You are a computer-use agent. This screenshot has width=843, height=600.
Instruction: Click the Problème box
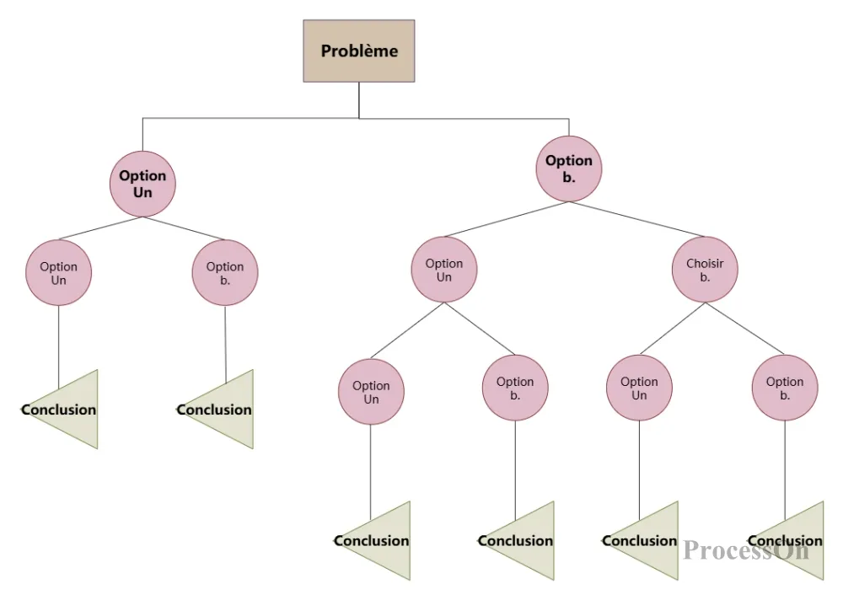click(359, 51)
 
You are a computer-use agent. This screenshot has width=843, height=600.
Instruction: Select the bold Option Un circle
click(142, 184)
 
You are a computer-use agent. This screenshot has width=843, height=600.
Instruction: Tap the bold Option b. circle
click(569, 168)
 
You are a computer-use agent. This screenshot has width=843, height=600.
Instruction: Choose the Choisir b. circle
click(705, 269)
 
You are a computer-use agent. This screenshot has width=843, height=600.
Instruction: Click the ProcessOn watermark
click(746, 550)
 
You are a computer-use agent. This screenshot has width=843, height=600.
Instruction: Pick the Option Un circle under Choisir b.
click(639, 388)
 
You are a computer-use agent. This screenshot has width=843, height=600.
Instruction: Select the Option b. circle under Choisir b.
click(785, 388)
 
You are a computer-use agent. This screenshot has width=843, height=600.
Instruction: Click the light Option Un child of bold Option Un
click(58, 272)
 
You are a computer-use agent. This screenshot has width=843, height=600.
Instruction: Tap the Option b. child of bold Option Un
click(225, 272)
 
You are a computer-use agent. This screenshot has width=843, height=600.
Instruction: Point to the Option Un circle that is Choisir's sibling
click(444, 269)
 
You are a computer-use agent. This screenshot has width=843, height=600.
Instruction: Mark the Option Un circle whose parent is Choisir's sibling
click(371, 392)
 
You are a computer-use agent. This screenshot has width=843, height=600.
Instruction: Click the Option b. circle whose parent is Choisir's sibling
click(515, 388)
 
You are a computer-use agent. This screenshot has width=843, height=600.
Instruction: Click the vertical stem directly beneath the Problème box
click(359, 99)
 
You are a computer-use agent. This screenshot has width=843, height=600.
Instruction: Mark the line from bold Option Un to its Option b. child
click(184, 228)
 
